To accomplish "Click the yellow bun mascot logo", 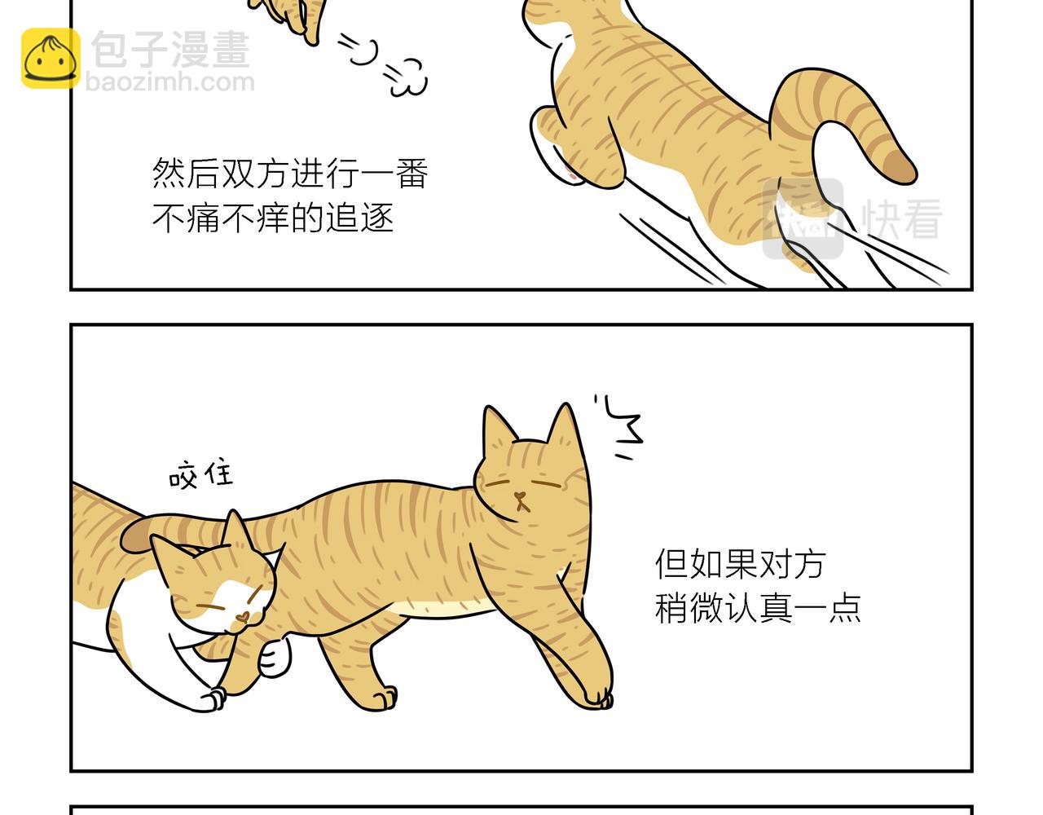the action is tap(51, 58).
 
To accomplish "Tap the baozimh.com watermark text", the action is tap(170, 82).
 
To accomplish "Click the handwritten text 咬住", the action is tap(201, 474).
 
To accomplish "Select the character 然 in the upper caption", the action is tap(169, 174).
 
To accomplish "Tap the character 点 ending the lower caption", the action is tap(844, 608).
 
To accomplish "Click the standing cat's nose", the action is tap(519, 495).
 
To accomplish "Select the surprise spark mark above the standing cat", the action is tap(618, 426).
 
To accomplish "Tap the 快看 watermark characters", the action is tap(902, 218).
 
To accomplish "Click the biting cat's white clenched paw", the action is tap(275, 658).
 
